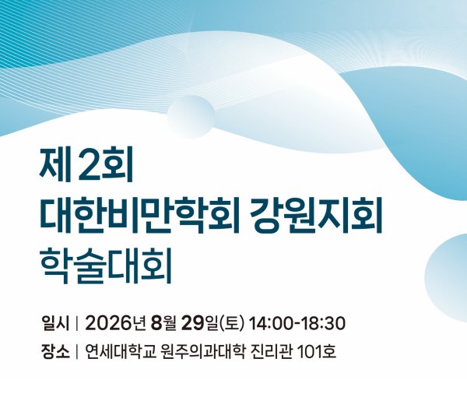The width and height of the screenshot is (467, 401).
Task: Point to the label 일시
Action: (x=56, y=324)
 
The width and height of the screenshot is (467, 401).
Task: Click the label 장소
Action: (x=56, y=352)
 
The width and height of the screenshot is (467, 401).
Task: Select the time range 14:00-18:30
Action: (x=297, y=324)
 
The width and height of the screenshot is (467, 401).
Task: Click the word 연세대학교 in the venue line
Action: (x=121, y=352)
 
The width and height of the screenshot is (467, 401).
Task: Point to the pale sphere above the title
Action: (x=191, y=116)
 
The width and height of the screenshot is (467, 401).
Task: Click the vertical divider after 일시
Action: (x=77, y=324)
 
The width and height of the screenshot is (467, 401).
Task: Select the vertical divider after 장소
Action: (x=77, y=352)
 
